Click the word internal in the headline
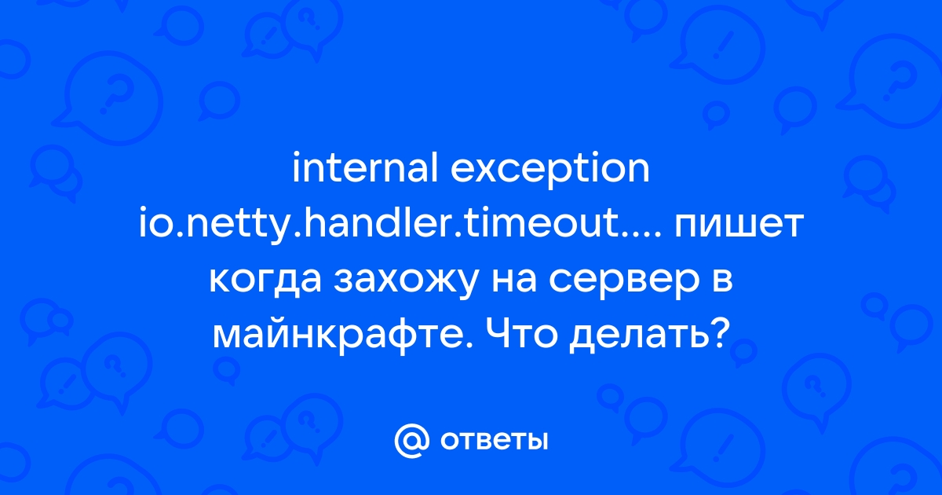365,168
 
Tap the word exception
550,172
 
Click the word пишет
739,226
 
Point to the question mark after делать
719,334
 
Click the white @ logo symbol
412,441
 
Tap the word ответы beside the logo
494,441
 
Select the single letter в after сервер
721,281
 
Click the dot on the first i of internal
296,156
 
